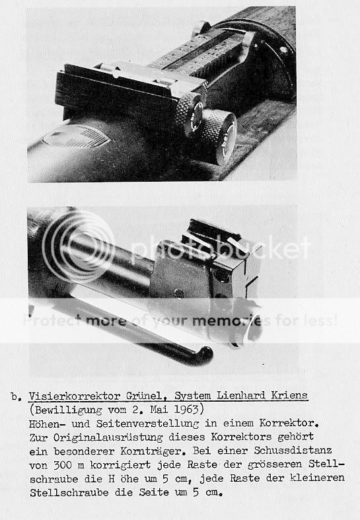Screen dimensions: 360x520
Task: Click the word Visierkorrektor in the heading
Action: [74, 396]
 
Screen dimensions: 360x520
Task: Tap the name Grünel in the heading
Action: [144, 396]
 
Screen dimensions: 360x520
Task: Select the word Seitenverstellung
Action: [147, 424]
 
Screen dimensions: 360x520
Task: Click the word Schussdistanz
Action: [293, 451]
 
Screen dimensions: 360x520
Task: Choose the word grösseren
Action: [275, 464]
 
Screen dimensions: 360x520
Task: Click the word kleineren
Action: [317, 478]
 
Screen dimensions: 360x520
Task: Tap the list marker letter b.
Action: [15, 396]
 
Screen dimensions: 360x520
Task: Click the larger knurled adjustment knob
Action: [219, 136]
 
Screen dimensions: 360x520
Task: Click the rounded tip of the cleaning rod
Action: [205, 355]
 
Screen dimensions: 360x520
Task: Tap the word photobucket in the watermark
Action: [221, 248]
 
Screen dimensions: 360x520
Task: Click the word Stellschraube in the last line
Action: [69, 493]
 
